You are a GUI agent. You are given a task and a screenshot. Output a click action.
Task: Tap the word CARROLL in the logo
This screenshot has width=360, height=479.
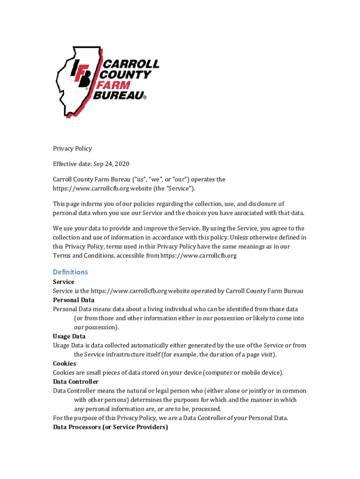(130, 64)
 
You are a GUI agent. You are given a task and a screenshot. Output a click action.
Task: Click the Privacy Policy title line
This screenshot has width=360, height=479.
(72, 148)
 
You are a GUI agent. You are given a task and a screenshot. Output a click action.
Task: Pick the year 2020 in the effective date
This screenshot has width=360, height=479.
(122, 164)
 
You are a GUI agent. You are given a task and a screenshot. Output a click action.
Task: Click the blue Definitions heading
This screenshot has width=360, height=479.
(70, 272)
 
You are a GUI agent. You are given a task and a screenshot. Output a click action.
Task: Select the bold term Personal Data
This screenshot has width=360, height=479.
(73, 300)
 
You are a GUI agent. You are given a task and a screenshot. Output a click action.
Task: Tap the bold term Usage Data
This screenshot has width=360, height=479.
(69, 336)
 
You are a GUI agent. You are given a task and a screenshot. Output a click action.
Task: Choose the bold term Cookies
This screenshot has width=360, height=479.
(65, 363)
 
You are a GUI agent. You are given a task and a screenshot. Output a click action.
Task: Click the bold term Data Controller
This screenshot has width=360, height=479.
(76, 382)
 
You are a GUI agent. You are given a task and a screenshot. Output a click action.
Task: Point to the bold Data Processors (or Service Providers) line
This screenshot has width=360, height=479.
(110, 427)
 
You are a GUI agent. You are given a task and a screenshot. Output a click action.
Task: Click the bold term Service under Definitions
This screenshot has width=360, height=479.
(64, 282)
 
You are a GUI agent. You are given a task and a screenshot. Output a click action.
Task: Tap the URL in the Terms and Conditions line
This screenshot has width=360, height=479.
(199, 255)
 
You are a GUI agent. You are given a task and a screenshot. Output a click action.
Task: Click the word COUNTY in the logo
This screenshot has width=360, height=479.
(126, 75)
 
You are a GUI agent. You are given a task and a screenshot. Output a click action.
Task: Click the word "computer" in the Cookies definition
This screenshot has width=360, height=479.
(222, 373)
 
